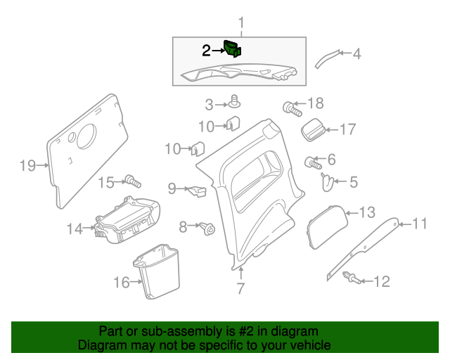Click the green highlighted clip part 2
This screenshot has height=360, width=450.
coord(231,49)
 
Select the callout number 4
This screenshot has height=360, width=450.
coord(356,53)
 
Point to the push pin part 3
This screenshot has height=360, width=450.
coord(233,103)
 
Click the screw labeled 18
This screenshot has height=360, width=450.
coord(291,108)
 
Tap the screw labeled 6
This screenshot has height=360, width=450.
coord(313,162)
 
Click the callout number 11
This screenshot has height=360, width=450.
coord(419,224)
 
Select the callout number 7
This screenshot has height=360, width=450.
coord(240,288)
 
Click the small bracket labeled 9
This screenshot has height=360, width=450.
coord(197,189)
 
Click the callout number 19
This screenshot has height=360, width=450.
coord(27,166)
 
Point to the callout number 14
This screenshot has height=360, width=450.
coord(75,228)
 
